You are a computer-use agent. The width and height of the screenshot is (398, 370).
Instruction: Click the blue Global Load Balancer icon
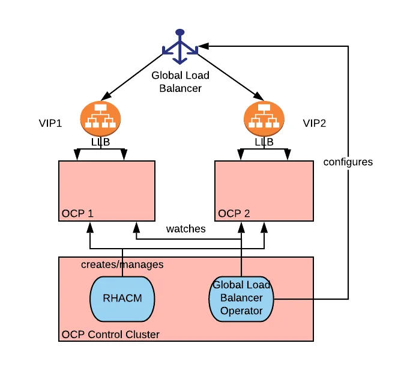180,47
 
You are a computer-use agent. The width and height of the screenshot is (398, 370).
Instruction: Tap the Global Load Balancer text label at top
180,82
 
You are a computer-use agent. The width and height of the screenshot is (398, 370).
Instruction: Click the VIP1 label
51,124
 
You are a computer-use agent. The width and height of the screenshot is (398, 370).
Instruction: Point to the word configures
348,162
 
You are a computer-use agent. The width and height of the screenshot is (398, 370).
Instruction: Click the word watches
185,229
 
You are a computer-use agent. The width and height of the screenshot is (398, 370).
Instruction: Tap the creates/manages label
122,264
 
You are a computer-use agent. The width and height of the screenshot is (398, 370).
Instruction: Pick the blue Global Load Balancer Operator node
241,299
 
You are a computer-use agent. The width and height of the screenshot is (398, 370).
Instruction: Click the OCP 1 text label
77,214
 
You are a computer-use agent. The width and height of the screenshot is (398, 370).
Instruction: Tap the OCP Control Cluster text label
111,334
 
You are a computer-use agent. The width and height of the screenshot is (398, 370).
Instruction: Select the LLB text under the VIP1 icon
100,142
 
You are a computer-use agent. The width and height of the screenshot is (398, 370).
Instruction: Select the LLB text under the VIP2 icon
264,142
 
